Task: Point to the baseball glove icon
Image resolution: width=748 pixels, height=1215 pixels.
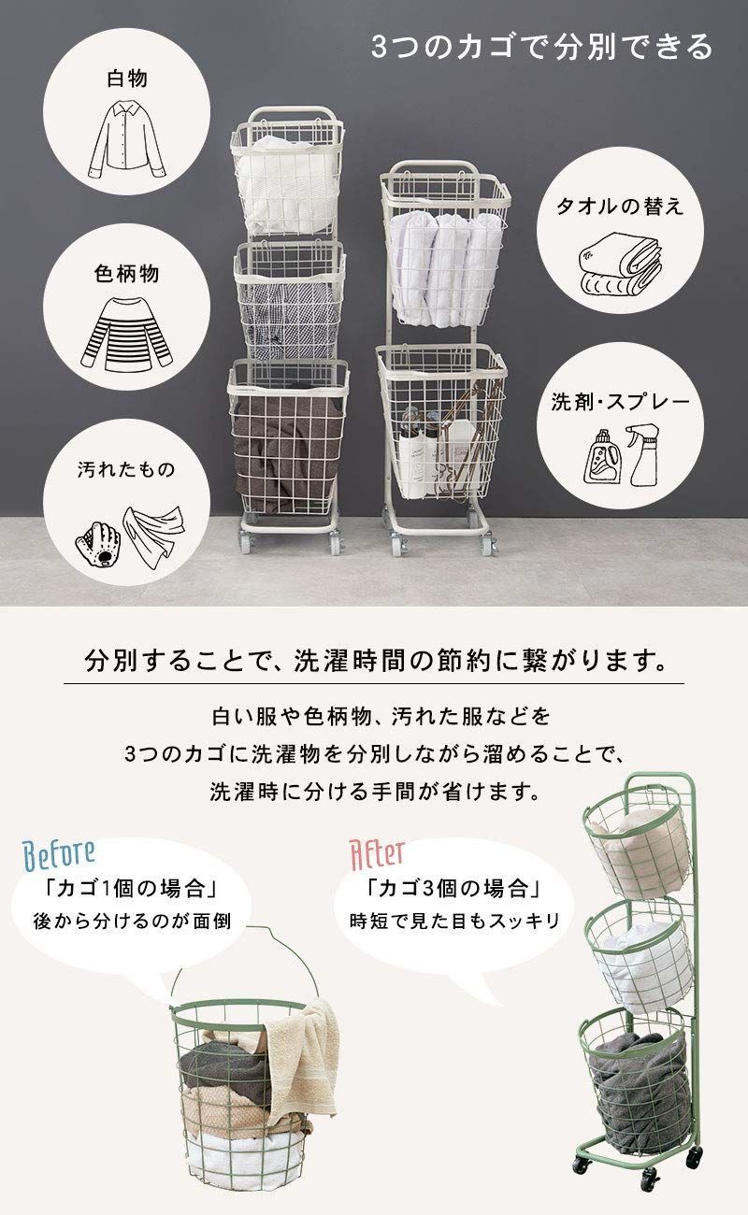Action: coord(98,540)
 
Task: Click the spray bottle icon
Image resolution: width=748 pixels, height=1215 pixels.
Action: coord(642,454)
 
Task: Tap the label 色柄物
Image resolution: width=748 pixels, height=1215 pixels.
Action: coord(126,274)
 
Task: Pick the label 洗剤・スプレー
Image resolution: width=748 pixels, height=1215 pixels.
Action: coord(620,403)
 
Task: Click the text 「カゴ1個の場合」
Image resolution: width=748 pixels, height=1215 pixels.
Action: coord(131,885)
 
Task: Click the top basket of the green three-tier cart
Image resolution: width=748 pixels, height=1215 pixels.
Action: coord(636,841)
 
